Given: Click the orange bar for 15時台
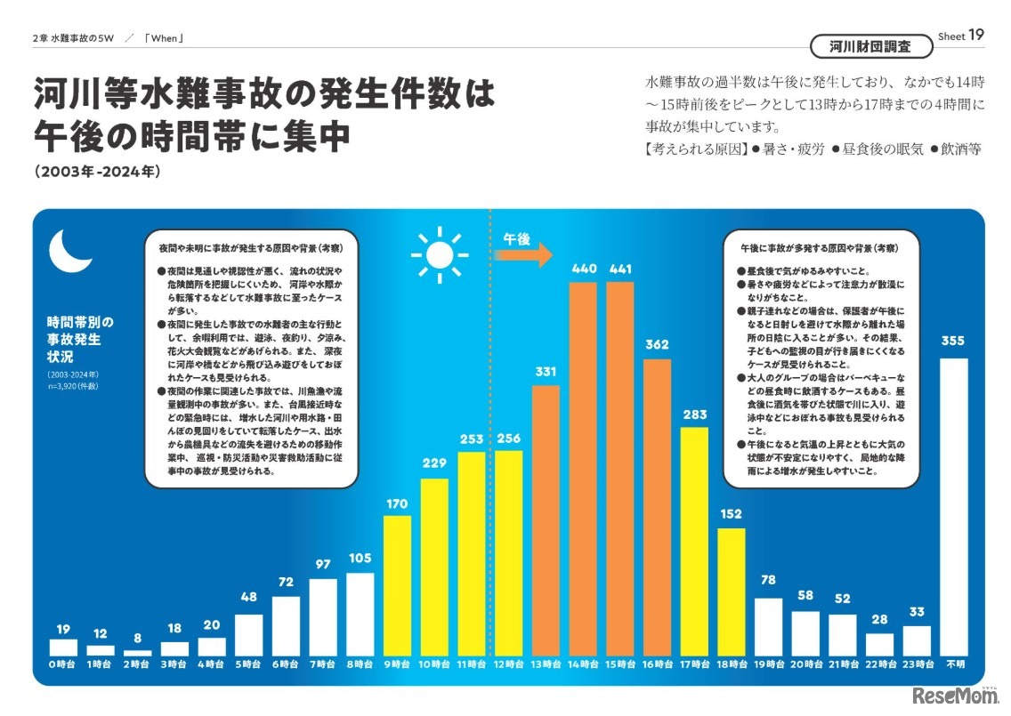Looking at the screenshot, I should pos(619,469).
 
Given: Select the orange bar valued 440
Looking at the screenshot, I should pos(583,469).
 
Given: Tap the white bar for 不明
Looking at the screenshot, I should pos(954,507).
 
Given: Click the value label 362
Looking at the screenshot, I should pos(657,344).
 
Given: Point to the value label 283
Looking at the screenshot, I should pos(694,414).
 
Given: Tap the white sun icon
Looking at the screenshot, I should pos(439,254).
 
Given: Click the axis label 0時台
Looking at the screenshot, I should pos(63,664).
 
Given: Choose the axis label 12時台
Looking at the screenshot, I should pos(508,664).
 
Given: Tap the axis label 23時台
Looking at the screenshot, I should pos(917,664).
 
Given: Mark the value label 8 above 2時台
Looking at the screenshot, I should pos(137,637).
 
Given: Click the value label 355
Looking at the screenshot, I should pos(954,342).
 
